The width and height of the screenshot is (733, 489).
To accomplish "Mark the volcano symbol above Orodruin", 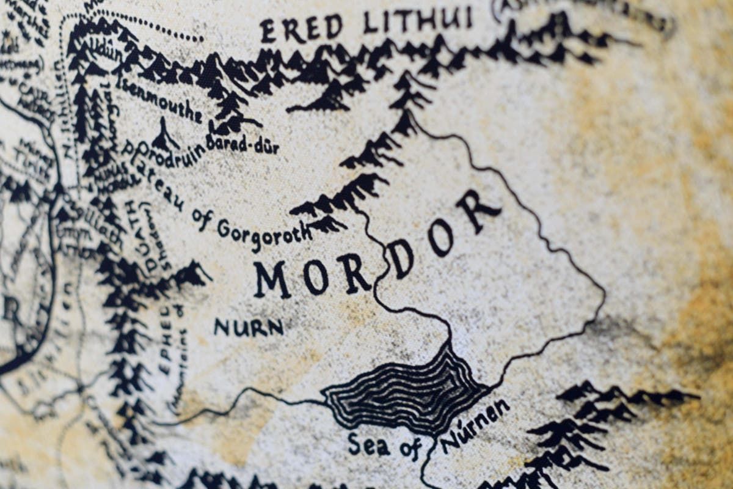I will (164, 134).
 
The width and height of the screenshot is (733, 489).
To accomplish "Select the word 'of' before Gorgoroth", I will (201, 216).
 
